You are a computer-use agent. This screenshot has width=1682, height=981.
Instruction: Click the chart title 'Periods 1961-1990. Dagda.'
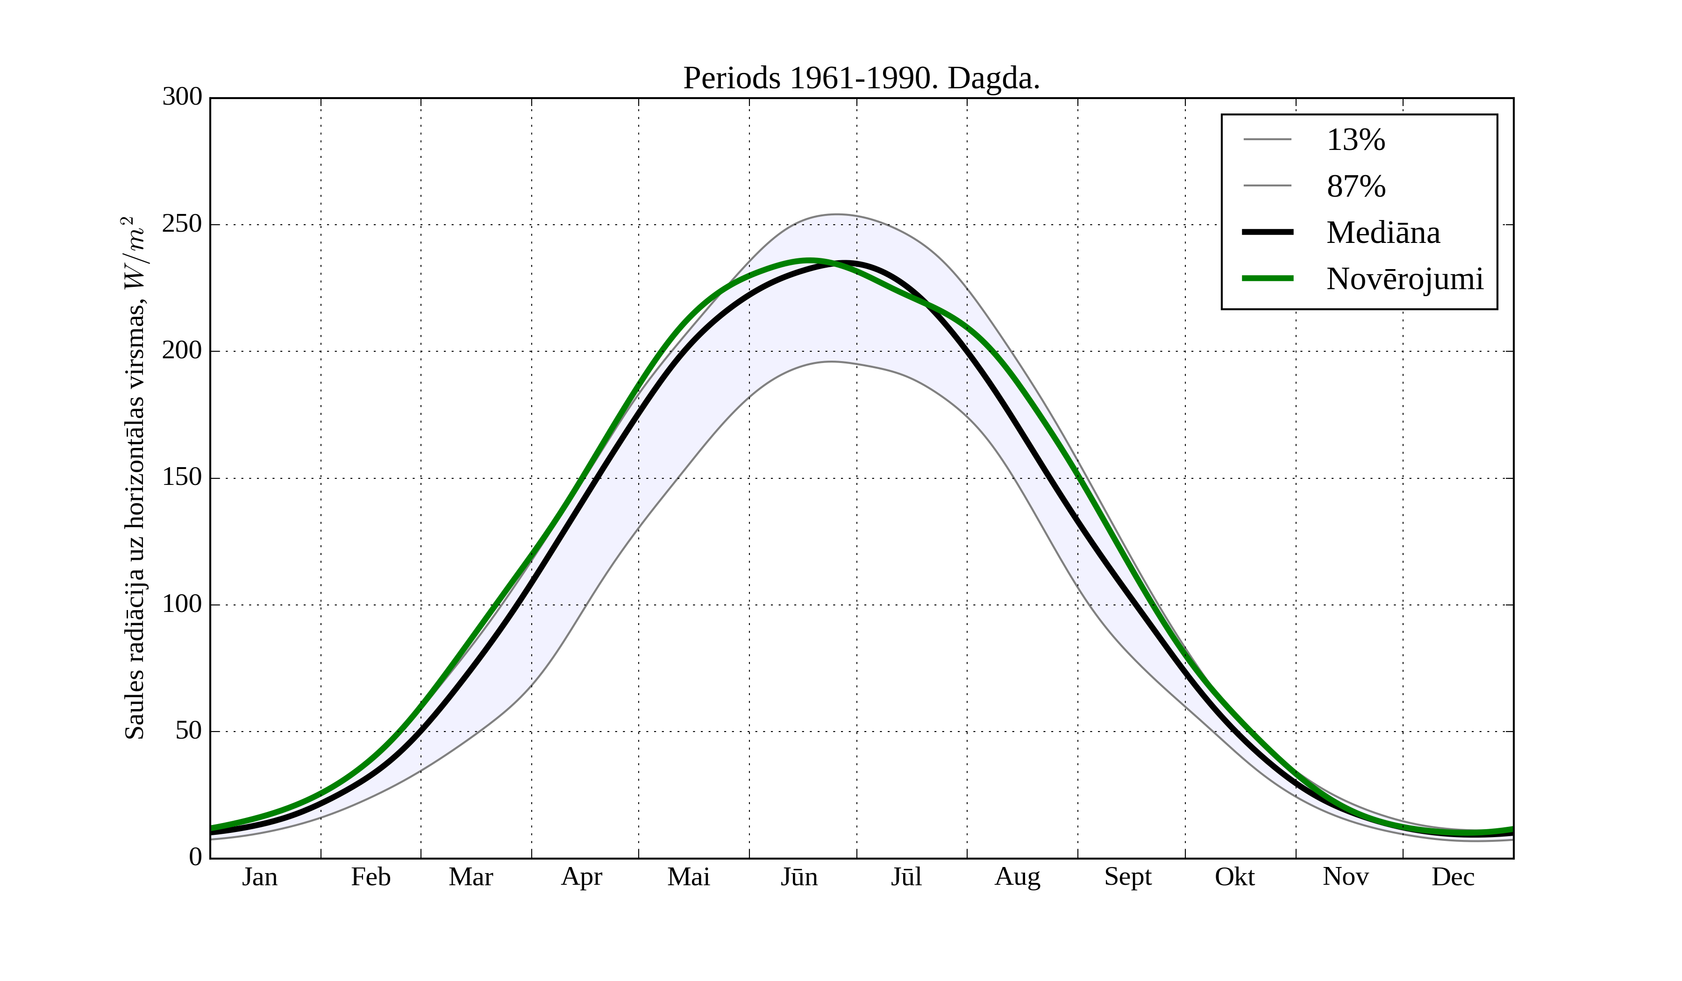(x=861, y=79)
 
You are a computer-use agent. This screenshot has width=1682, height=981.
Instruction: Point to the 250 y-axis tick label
(x=182, y=224)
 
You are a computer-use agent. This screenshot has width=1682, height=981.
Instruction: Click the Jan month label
(x=260, y=877)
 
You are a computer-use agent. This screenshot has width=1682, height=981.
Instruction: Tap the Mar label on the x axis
(x=470, y=877)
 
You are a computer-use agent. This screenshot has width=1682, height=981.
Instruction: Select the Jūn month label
(x=799, y=877)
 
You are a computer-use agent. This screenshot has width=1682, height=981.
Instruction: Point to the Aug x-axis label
(x=1017, y=877)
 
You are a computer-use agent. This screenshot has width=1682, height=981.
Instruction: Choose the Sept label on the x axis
(x=1128, y=877)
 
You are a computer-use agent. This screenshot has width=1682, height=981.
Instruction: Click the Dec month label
(x=1453, y=877)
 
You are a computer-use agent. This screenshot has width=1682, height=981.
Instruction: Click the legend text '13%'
(x=1355, y=140)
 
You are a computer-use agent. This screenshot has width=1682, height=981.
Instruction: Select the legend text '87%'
(x=1355, y=186)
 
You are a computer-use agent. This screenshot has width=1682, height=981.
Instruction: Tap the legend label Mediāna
(x=1383, y=233)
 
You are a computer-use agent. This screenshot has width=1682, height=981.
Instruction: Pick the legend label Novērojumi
(x=1404, y=279)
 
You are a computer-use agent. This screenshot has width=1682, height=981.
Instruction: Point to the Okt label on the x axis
(x=1235, y=877)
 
